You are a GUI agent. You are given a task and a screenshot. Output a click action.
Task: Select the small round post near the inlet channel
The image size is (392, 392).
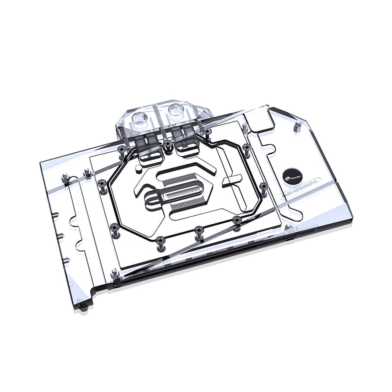point(138,169)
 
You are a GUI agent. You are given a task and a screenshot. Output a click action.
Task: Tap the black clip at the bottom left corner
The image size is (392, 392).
point(81,307)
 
